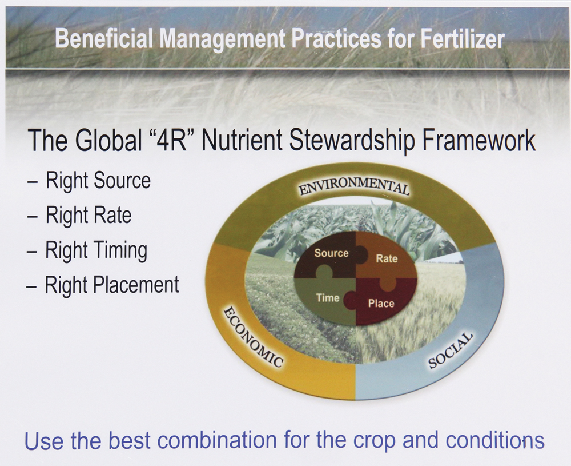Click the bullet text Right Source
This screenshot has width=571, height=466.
(x=98, y=181)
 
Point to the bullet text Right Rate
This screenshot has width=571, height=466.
(x=89, y=216)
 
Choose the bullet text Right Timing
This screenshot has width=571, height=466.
(x=96, y=250)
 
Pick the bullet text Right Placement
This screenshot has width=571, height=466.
(x=112, y=285)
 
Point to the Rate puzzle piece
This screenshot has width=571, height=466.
(x=387, y=258)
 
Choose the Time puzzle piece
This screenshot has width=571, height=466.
(x=328, y=298)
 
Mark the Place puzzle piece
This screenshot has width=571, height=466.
(x=381, y=303)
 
